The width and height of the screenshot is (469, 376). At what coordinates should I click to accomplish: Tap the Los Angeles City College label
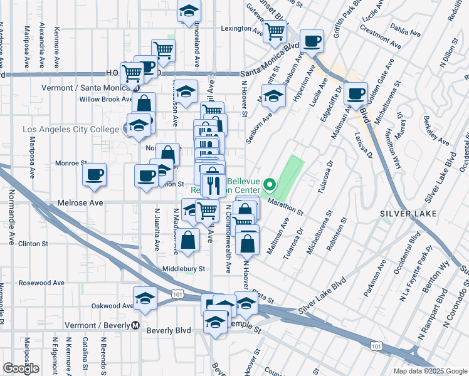click(70, 129)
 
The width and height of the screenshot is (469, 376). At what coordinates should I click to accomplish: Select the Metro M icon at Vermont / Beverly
click(135, 325)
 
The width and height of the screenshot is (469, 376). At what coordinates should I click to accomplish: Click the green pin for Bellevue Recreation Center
click(270, 185)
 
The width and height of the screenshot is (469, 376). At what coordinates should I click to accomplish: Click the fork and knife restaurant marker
click(214, 184)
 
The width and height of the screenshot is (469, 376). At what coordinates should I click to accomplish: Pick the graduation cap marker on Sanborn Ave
click(273, 96)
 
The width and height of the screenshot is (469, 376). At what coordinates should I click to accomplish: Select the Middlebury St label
click(184, 268)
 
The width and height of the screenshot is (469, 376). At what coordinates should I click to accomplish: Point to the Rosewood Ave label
click(41, 283)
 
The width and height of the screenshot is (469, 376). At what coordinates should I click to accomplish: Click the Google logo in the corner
click(21, 368)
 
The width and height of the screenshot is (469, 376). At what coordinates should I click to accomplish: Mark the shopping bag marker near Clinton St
click(188, 239)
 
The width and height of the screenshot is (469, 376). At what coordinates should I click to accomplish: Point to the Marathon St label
click(287, 207)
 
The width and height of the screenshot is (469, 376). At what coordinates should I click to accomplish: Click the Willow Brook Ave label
click(103, 99)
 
